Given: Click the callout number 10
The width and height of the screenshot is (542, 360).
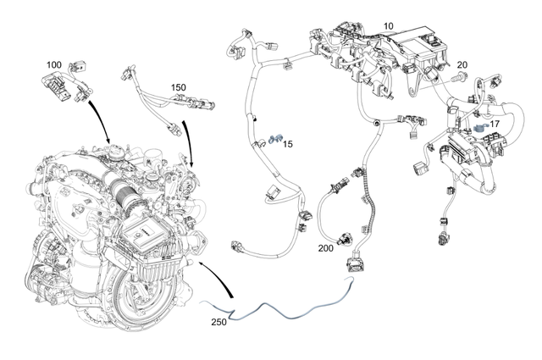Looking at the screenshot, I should click(389, 27).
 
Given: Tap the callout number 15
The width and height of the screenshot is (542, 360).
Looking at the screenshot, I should click(288, 145).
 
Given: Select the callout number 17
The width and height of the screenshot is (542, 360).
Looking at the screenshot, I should click(494, 124).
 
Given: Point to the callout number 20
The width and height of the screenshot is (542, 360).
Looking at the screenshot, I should click(462, 65).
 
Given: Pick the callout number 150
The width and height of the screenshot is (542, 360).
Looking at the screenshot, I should click(178, 87).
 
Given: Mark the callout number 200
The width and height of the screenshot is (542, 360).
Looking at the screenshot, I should click(325, 249).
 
